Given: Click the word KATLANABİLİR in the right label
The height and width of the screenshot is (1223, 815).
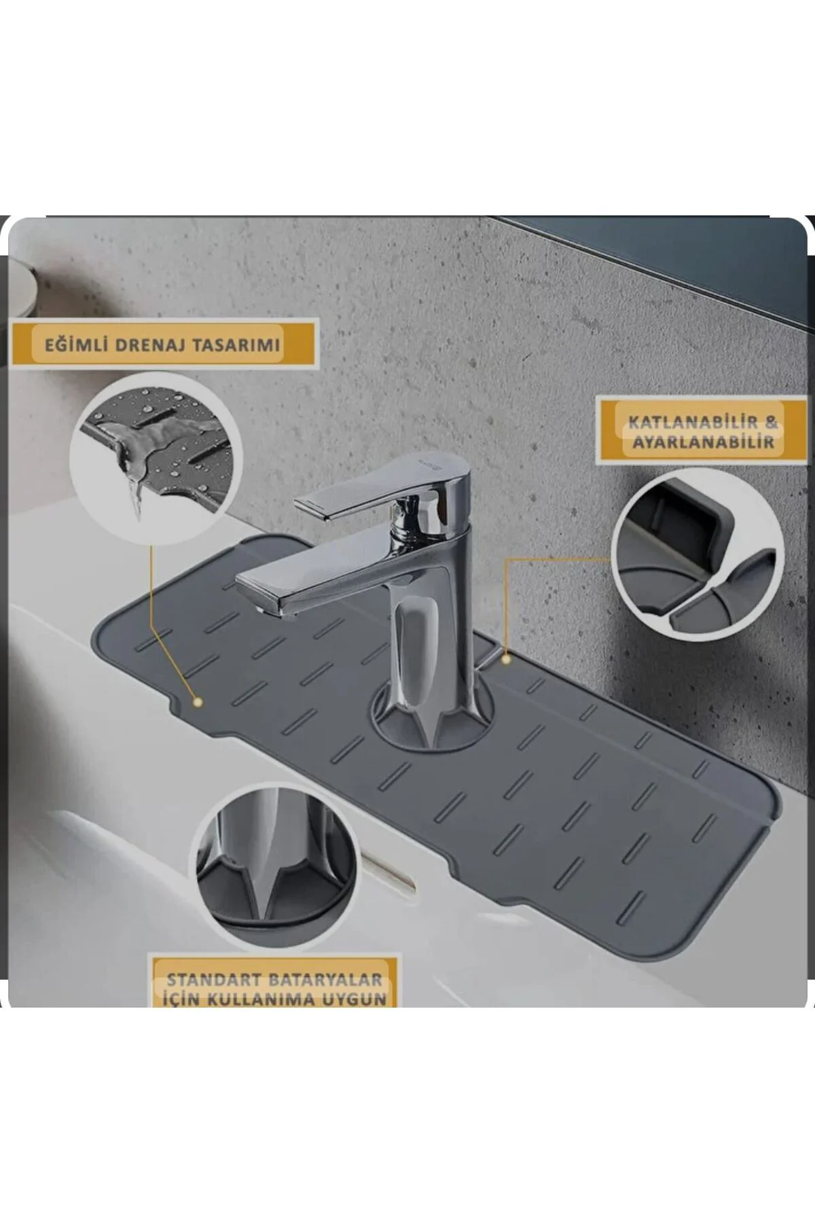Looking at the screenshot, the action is coord(688,422).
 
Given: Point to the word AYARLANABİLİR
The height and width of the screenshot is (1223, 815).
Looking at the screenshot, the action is coord(703,442).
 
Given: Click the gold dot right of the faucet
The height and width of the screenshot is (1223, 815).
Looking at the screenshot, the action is coord(506,658).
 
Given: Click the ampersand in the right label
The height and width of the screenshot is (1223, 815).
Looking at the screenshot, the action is coord(769,422).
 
